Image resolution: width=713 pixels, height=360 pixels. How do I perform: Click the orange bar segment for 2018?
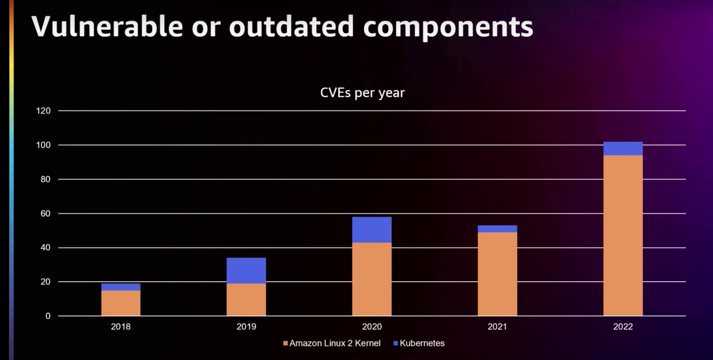(121, 303)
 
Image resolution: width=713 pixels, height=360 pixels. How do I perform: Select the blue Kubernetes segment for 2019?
(246, 271)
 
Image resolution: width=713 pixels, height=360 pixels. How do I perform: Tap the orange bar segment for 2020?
(371, 279)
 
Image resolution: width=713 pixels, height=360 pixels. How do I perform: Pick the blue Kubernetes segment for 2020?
(371, 229)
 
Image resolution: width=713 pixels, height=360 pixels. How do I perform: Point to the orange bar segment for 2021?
(497, 274)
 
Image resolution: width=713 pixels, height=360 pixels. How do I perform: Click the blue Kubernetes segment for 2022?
(623, 148)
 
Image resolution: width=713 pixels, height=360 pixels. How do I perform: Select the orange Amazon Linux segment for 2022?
(623, 235)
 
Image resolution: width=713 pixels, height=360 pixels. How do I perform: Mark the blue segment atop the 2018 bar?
(121, 287)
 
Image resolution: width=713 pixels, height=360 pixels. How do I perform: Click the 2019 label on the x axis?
(246, 327)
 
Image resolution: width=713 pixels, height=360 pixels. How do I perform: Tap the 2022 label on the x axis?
(623, 327)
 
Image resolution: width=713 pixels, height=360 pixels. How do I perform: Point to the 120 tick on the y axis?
(44, 111)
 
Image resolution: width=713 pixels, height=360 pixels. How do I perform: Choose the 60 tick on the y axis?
(46, 214)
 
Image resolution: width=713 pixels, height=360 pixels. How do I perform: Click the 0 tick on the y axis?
(48, 316)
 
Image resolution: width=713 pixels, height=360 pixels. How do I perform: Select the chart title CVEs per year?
(363, 93)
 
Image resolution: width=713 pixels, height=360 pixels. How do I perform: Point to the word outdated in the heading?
(292, 26)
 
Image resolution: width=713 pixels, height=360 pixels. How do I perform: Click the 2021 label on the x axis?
(497, 327)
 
